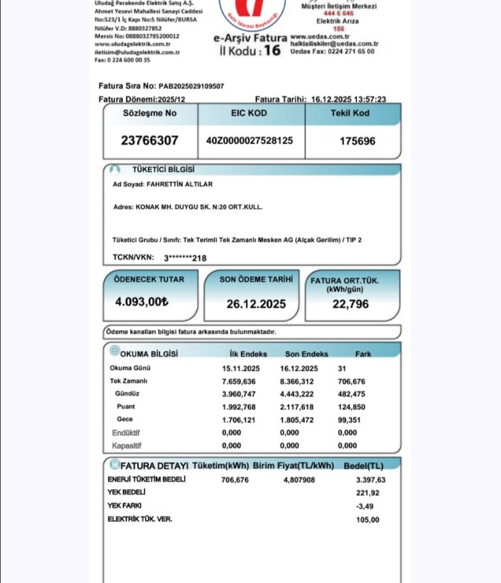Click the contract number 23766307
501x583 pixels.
[x=150, y=141]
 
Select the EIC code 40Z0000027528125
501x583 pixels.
[x=250, y=140]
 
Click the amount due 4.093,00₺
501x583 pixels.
[x=142, y=302]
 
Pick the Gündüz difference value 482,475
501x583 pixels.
[x=352, y=394]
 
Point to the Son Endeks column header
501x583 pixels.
[x=306, y=355]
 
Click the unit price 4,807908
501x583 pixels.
[x=299, y=479]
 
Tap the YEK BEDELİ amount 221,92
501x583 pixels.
[x=367, y=492]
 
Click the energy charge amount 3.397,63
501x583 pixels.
[x=369, y=479]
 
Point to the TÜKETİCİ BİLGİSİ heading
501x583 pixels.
[x=163, y=169]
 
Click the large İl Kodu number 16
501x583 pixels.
[x=272, y=50]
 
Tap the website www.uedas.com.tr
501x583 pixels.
[x=321, y=36]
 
